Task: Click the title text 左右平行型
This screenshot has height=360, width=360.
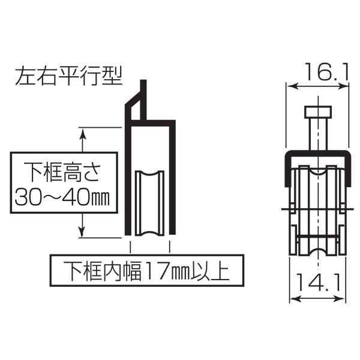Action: point(69,76)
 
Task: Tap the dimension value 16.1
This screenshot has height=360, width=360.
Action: point(326,72)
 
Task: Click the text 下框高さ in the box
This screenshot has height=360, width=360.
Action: point(62,172)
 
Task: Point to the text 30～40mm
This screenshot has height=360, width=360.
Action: point(62,198)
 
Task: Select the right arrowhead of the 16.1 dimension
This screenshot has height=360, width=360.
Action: point(343,86)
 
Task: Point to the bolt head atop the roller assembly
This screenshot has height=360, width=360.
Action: point(318,112)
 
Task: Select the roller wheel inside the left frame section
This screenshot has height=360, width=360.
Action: point(149,203)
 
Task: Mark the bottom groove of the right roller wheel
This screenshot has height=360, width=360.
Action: point(318,251)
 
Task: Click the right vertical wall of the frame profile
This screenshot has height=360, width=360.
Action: point(172,177)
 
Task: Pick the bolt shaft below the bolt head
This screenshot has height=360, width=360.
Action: point(318,134)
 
